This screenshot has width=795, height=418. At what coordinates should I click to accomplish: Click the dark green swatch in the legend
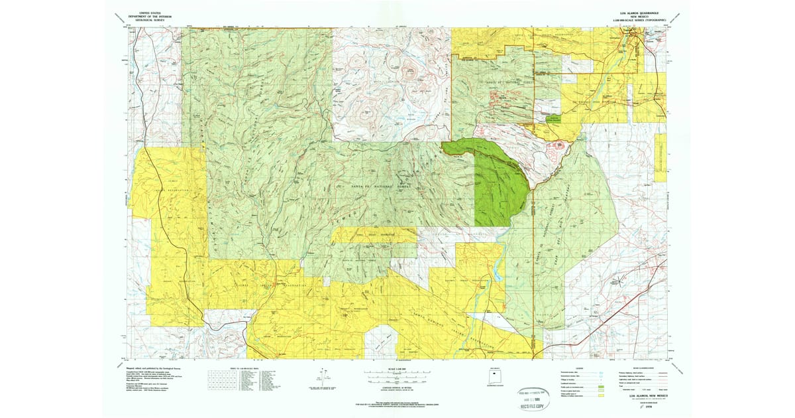click(601, 385)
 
